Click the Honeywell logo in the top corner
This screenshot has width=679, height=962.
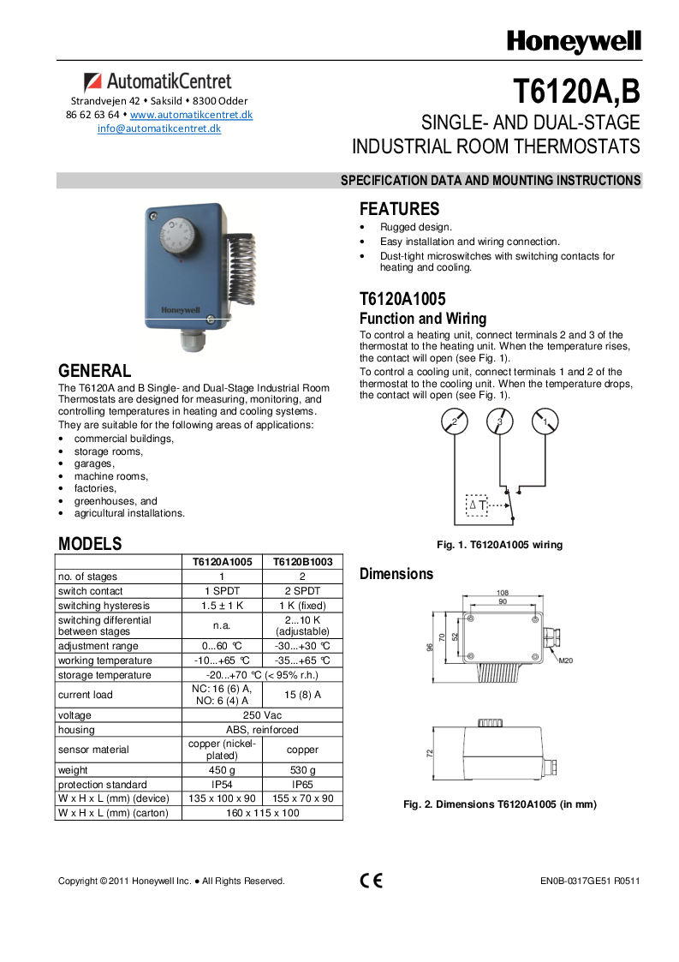point(573,41)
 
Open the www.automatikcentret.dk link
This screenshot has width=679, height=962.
point(191,115)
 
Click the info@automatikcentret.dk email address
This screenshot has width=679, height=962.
point(159,128)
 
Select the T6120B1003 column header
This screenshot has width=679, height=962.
point(301,562)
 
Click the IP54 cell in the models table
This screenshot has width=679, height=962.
point(221,785)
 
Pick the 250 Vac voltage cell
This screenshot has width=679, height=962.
point(262,715)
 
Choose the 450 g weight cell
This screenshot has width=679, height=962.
point(221,770)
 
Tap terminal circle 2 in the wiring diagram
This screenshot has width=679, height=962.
point(455,422)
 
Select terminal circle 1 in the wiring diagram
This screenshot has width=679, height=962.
point(545,422)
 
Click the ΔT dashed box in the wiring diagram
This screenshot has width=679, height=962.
point(477,505)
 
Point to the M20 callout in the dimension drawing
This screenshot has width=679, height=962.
point(566,661)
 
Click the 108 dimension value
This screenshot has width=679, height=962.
point(503,592)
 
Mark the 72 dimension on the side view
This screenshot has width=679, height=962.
point(430,753)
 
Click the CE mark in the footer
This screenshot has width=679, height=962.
point(371,881)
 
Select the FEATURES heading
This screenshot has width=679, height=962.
point(399,209)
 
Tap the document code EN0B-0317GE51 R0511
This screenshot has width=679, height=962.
point(590,881)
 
